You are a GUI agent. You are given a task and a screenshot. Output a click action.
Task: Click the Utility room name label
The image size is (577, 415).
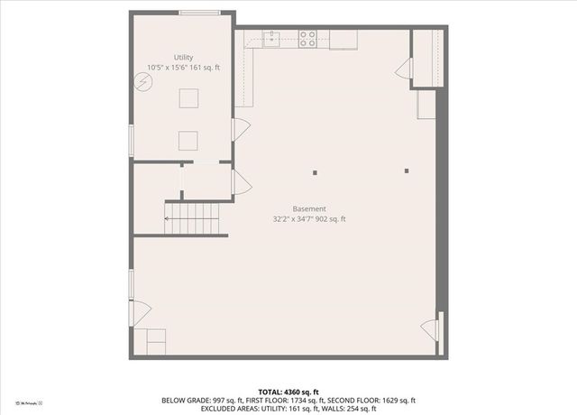(183, 57)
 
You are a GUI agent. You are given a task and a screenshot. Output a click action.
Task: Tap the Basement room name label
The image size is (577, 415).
(309, 208)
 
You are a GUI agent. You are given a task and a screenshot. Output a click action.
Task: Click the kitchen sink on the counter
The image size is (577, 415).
(271, 38)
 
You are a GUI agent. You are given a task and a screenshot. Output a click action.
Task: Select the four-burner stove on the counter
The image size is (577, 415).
(307, 39)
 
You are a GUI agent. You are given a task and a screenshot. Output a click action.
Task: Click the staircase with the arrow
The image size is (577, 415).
(191, 217)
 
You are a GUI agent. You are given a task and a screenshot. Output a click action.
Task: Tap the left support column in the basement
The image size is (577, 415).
(316, 171)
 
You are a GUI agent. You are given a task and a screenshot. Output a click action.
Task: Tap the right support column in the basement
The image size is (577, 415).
(407, 171)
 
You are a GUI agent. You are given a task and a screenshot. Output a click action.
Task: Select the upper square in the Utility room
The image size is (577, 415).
(188, 98)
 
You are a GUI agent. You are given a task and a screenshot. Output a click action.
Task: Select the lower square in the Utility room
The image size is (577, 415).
(188, 141)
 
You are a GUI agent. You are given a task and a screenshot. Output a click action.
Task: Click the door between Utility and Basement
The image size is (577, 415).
(241, 130)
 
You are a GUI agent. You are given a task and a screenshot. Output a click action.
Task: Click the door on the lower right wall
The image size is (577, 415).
(430, 329)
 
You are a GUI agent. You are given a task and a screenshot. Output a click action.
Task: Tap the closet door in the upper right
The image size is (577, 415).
(405, 69)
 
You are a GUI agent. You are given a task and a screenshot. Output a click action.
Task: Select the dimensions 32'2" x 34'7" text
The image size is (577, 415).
(309, 219)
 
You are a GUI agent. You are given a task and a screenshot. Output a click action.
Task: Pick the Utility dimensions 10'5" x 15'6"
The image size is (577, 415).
(183, 68)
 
